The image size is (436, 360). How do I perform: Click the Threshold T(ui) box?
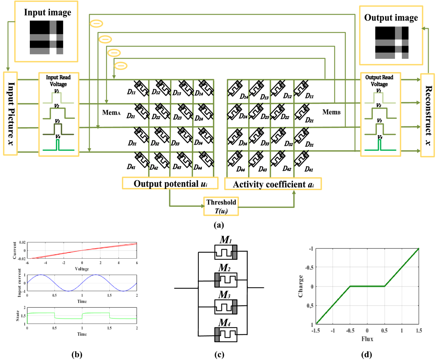(221, 206)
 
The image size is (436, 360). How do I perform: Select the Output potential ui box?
(170, 183)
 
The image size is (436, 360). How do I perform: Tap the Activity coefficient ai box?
(273, 184)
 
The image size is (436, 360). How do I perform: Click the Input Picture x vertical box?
(10, 113)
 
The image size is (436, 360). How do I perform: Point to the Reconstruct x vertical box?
(428, 115)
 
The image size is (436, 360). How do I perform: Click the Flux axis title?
(367, 340)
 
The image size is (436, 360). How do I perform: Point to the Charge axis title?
(301, 286)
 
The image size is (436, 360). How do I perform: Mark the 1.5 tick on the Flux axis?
(419, 331)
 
